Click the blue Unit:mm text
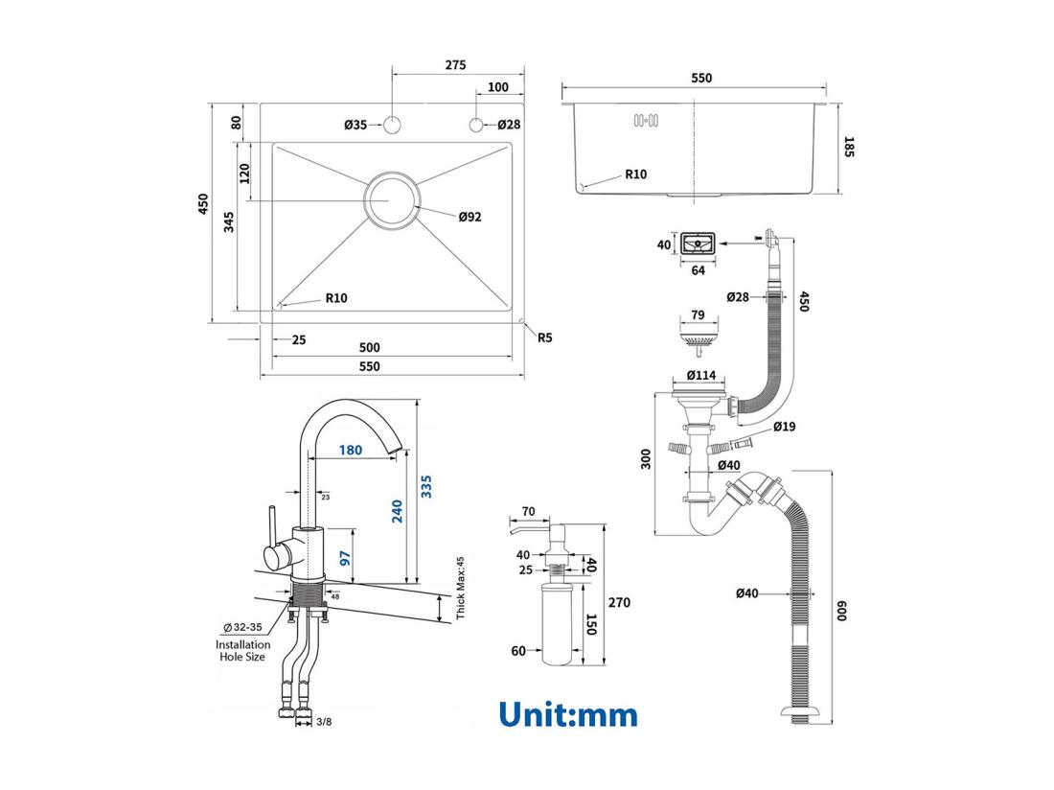tap(567, 714)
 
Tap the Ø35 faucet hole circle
tap(392, 125)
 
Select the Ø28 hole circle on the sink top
tap(476, 125)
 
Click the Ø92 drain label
tap(470, 217)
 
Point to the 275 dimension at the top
tap(455, 65)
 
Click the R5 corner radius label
tap(545, 337)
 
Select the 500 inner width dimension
tap(370, 347)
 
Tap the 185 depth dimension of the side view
tap(849, 147)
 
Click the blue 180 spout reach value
tap(350, 450)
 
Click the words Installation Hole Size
tap(242, 651)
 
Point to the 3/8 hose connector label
tap(325, 720)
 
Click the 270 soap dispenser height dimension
tap(620, 603)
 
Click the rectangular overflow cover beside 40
tap(699, 245)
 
